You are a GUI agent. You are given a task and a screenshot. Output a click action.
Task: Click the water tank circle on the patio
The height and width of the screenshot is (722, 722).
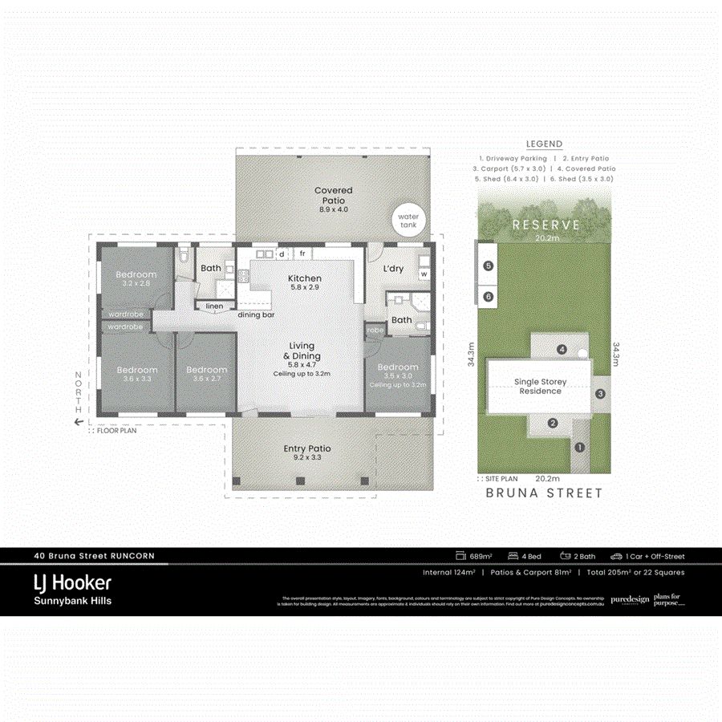[409, 220]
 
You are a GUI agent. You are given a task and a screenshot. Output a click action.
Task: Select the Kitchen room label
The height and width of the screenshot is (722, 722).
[305, 278]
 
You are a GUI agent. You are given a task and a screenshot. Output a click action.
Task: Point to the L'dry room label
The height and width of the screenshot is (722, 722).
[393, 268]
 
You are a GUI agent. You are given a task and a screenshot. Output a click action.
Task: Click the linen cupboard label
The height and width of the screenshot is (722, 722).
[214, 306]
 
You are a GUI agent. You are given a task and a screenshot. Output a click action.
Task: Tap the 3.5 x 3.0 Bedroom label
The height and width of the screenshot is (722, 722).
[398, 370]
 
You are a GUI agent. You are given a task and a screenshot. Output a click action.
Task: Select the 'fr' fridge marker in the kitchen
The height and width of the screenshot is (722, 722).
[303, 254]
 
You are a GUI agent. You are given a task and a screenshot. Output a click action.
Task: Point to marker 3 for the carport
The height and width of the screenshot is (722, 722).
[600, 394]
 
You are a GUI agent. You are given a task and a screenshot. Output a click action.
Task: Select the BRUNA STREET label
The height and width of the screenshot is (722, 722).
[544, 493]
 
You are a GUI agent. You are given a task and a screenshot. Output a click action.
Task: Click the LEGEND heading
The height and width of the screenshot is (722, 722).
[544, 144]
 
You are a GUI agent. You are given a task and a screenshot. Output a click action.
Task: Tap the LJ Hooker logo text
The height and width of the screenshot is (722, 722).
[72, 582]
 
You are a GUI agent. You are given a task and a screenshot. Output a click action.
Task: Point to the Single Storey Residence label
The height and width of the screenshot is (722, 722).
[539, 387]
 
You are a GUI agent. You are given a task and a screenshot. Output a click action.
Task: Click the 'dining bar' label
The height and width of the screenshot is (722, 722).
[256, 314]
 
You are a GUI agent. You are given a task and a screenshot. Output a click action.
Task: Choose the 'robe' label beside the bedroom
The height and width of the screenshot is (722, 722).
[374, 330]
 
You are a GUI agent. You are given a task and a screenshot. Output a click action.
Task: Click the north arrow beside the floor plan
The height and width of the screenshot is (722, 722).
[79, 421]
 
